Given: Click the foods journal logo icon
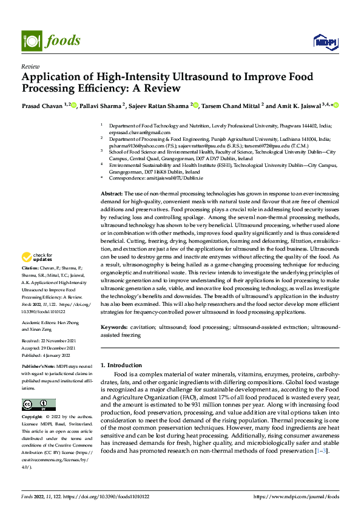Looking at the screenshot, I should point(30,40).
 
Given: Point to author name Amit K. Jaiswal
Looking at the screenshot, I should point(301,106).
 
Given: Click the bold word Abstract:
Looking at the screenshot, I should point(112,192).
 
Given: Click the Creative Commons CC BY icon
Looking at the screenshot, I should point(38,405).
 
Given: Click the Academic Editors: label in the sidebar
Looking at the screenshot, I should point(39,322).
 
